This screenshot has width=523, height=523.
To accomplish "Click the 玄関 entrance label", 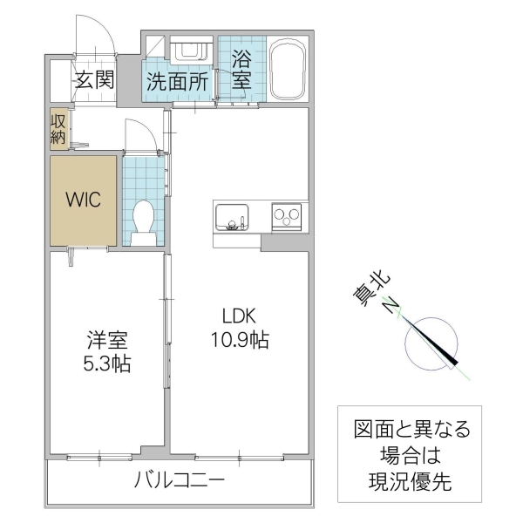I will (94, 81).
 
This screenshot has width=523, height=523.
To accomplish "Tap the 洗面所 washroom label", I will (177, 83).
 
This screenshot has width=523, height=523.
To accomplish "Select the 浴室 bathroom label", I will (242, 70).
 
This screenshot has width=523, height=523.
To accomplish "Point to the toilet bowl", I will (143, 221).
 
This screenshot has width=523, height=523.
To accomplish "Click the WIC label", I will (84, 199).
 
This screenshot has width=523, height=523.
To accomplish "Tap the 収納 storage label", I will (58, 127).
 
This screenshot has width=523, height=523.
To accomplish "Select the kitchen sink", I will (232, 215).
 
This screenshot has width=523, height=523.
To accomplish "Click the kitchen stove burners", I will (286, 214).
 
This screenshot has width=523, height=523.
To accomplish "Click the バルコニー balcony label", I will (180, 480).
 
